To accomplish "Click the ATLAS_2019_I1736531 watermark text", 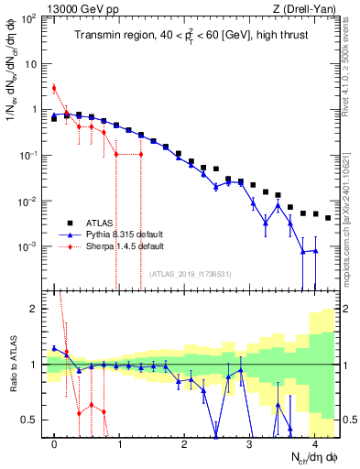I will tap(190, 274).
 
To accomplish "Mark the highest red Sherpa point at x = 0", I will tap(54, 88).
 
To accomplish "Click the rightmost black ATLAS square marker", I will tap(328, 218).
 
